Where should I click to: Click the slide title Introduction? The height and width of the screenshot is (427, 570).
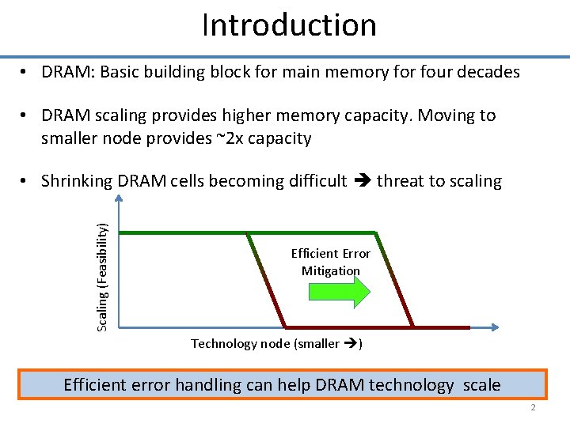(x=289, y=25)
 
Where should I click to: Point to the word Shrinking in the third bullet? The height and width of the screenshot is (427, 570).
(x=76, y=181)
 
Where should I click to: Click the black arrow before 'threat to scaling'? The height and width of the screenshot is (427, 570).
(x=362, y=181)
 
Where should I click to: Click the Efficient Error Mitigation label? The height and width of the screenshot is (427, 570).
(x=330, y=262)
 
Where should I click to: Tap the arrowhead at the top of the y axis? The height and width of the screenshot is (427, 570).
(x=118, y=199)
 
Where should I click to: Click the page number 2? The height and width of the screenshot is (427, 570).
(x=534, y=408)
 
